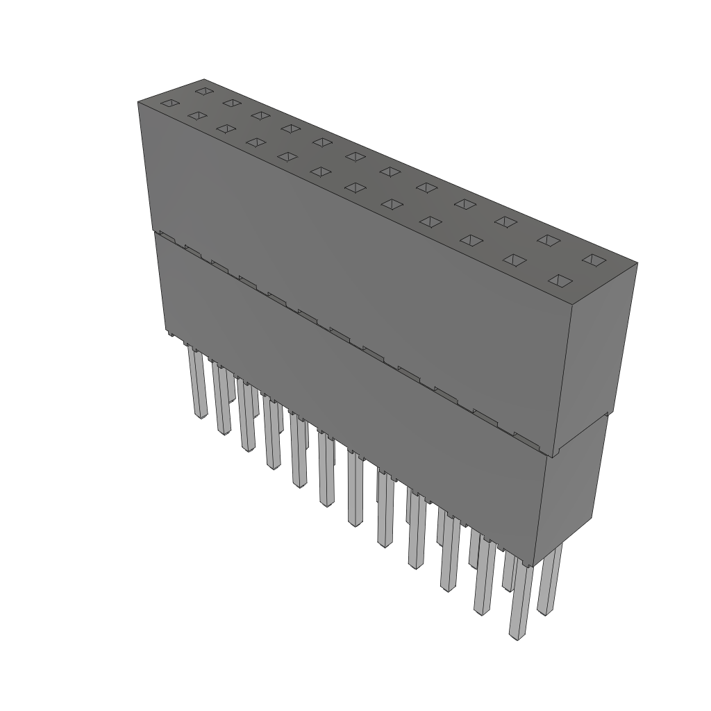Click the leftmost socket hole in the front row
[170, 103]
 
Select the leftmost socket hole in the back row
[203, 91]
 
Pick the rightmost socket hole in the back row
[594, 260]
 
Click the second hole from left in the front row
[198, 115]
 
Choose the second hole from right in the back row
[549, 240]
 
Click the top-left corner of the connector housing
[138, 102]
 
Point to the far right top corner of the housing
[637, 263]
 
